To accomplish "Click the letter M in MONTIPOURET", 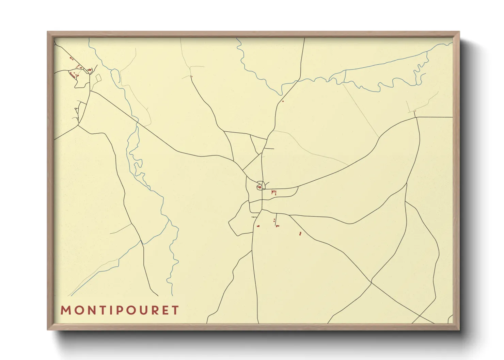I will point(65,310).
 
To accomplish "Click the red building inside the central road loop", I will point(259,187).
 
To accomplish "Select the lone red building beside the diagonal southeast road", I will point(300,233).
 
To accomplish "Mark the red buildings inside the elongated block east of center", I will point(273,193).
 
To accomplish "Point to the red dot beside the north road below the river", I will point(283,101).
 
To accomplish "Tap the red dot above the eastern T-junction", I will point(415,111).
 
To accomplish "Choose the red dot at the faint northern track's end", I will point(191,77).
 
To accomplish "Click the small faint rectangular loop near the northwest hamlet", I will point(98,78).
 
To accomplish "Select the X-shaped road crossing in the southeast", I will point(371,282).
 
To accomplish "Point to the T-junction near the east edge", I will point(416,117).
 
